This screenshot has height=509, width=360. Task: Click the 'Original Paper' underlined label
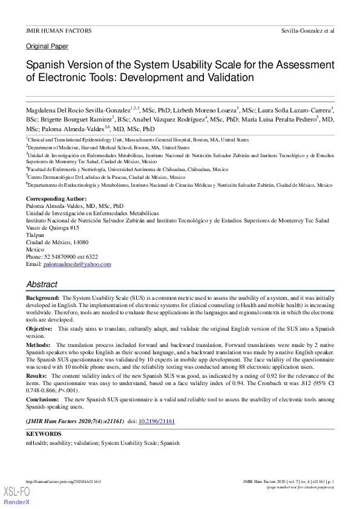pos(47,47)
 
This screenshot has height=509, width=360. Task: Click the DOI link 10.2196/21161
pos(157,420)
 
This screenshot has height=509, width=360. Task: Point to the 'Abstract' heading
pos(42,284)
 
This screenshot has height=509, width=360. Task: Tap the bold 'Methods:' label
pos(38,344)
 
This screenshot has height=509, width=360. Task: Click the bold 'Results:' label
pos(37,376)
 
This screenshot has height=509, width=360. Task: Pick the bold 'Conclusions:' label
pos(43,400)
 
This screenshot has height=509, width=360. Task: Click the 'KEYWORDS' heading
pos(44,434)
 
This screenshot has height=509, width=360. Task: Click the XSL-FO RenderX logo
pos(16,496)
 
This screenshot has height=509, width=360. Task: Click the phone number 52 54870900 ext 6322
pos(62,256)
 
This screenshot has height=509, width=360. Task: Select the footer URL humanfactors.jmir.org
pos(64,481)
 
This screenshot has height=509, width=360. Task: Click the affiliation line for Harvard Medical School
pos(109,147)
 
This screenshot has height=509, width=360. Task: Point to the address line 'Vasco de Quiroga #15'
pos(53,228)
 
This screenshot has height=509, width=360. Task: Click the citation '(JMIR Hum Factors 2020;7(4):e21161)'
pos(74,420)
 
